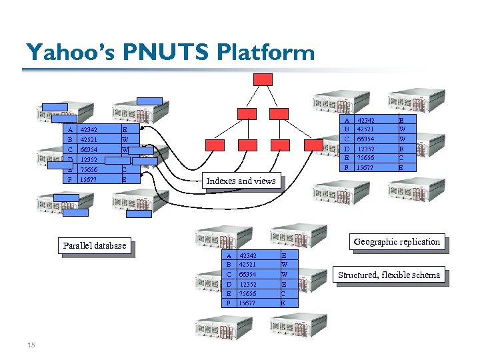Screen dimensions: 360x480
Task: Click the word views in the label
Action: coord(265,181)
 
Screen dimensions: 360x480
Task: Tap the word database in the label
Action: coord(111,245)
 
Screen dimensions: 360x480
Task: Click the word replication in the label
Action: coord(421,241)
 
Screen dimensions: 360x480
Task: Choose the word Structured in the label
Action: coord(359,275)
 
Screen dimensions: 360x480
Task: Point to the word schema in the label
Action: coord(427,275)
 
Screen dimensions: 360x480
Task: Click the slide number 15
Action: coord(31,345)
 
